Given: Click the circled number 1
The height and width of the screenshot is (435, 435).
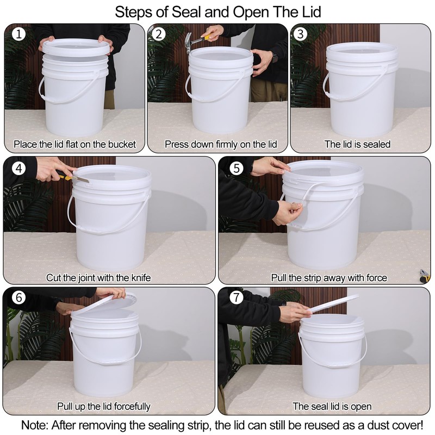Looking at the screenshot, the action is click(19, 34).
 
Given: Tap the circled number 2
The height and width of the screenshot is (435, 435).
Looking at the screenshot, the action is click(159, 34).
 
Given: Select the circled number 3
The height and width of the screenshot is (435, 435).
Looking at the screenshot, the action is click(300, 34).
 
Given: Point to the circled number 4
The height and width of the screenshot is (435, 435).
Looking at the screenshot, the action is click(19, 169).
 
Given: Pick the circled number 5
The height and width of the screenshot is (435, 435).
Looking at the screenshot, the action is click(237, 169).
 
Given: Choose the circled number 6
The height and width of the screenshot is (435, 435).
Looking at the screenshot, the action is click(19, 297).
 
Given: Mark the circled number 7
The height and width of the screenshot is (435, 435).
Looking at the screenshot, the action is click(237, 297).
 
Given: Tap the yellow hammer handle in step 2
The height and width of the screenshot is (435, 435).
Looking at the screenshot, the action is click(207, 37).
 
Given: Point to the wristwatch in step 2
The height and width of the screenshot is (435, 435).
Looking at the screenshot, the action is click(275, 58).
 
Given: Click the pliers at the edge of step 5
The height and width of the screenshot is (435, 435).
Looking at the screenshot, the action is click(424, 276).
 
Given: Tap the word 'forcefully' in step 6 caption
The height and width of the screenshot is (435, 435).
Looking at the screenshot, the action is click(132, 406).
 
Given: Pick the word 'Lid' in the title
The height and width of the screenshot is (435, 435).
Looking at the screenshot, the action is click(309, 12).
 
